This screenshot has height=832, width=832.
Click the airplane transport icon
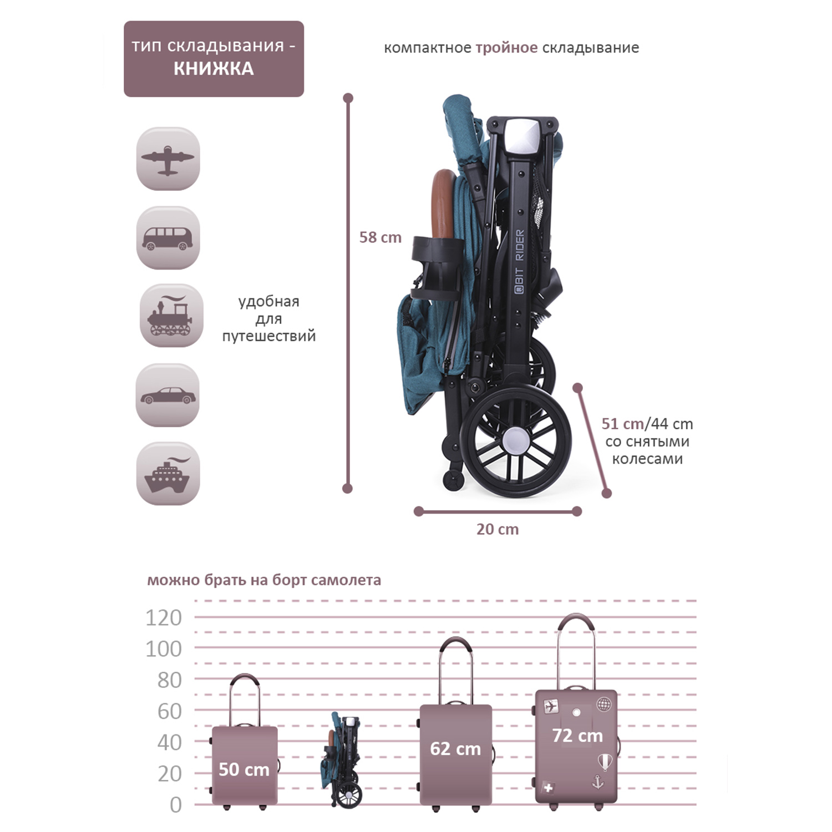coord(168,159)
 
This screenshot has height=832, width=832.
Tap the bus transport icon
coord(168,238)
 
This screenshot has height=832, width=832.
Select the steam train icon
coord(171,316)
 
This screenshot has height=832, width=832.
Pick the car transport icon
coord(168,395)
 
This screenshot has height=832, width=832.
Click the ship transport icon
coord(168,474)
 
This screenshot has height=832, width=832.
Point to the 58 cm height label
coord(380,237)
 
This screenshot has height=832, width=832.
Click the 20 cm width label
coord(498,529)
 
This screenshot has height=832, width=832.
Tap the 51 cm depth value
coord(622,424)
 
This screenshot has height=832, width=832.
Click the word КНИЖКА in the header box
coord(214,69)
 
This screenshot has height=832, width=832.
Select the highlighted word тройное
coord(506,48)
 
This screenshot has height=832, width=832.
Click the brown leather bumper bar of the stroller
coord(442,205)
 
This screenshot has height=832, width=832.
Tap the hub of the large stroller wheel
coord(515,439)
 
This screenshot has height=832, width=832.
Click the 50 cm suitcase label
coord(244,769)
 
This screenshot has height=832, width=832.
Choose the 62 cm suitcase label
coord(455,749)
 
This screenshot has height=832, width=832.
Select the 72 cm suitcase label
coord(577,735)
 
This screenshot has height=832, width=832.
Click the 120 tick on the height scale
coord(164,617)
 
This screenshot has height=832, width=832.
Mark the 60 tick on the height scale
coord(169,711)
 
